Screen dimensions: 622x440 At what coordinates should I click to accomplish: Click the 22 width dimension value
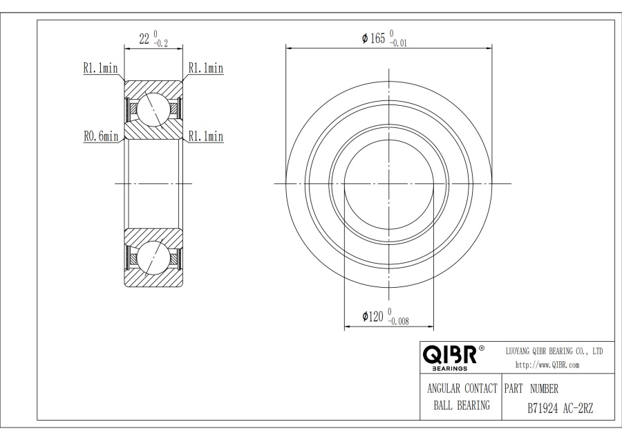click(x=144, y=39)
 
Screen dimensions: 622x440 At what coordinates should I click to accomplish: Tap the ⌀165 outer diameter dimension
click(x=373, y=38)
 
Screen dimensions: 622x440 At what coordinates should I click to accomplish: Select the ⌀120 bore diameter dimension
click(x=373, y=316)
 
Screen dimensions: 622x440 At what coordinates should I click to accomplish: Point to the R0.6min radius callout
click(x=101, y=136)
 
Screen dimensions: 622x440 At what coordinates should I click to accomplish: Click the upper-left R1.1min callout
click(x=100, y=68)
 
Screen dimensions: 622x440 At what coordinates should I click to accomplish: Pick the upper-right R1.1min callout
click(x=206, y=68)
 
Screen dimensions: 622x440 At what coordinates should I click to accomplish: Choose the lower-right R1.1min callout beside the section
click(x=206, y=136)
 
